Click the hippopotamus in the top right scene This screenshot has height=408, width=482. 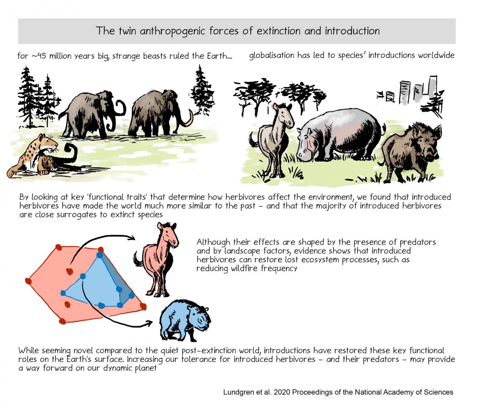[x=338, y=134]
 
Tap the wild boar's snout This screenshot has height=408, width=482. [x=430, y=157]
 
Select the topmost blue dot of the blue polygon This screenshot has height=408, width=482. [x=99, y=255]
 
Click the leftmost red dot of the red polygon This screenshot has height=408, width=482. [x=28, y=281]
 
